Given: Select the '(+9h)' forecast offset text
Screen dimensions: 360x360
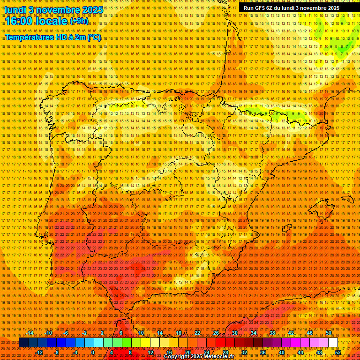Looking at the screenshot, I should [x=78, y=21].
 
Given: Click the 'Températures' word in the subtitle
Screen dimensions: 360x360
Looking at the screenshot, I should [x=28, y=37].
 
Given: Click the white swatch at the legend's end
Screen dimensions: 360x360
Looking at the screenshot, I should [x=333, y=343].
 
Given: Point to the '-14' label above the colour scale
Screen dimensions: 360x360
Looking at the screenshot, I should [x=30, y=333].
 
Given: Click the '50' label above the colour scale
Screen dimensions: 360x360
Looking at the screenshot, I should [x=329, y=333].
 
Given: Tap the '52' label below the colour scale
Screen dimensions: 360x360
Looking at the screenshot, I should [x=337, y=352].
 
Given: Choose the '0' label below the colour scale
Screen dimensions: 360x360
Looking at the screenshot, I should [x=93, y=352].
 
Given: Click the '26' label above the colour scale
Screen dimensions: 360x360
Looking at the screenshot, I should [x=216, y=333].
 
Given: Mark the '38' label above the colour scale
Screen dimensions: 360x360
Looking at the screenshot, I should [x=272, y=333].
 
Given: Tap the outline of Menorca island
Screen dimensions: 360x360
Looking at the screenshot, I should [x=347, y=199].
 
